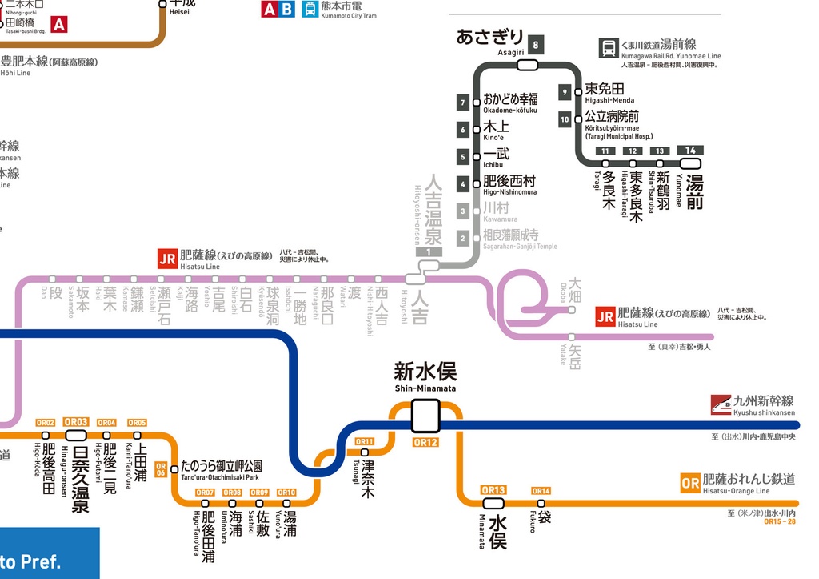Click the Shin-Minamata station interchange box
coord(425,416)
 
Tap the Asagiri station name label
coord(489,37)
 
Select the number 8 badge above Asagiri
coord(535,45)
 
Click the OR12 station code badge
coord(425,442)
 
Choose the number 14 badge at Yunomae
coord(690,151)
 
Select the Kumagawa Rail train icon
coord(609,48)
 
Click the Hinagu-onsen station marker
coord(76,435)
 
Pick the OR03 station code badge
coord(76,422)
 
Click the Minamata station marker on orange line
coord(493,503)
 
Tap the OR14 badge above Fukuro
coord(541,491)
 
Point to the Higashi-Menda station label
coord(605,89)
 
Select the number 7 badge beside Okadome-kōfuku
coord(463,103)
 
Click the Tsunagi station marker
coord(365,452)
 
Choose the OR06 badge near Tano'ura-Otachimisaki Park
coord(161,470)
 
